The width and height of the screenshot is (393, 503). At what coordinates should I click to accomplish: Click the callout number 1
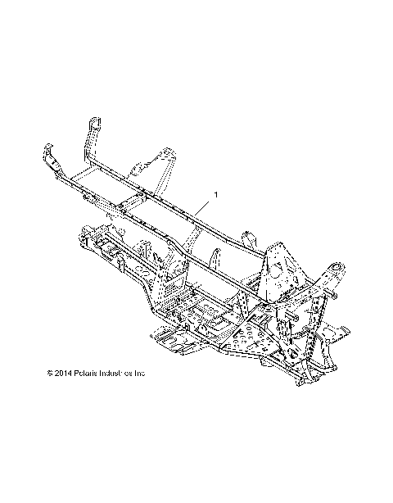pyautogui.click(x=216, y=194)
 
